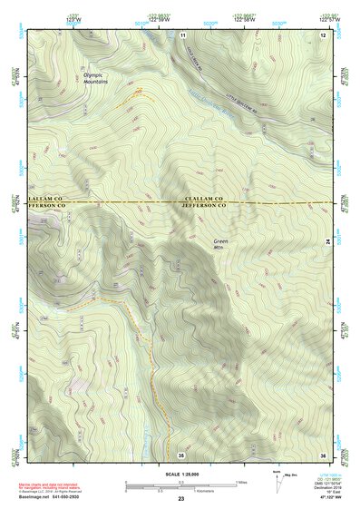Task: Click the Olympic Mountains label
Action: [x=94, y=78]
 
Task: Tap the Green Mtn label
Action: [x=221, y=244]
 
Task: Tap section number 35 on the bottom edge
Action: [x=181, y=454]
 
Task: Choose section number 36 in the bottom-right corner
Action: [x=322, y=454]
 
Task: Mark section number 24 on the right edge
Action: [x=328, y=240]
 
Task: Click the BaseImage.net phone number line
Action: [x=56, y=495]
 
